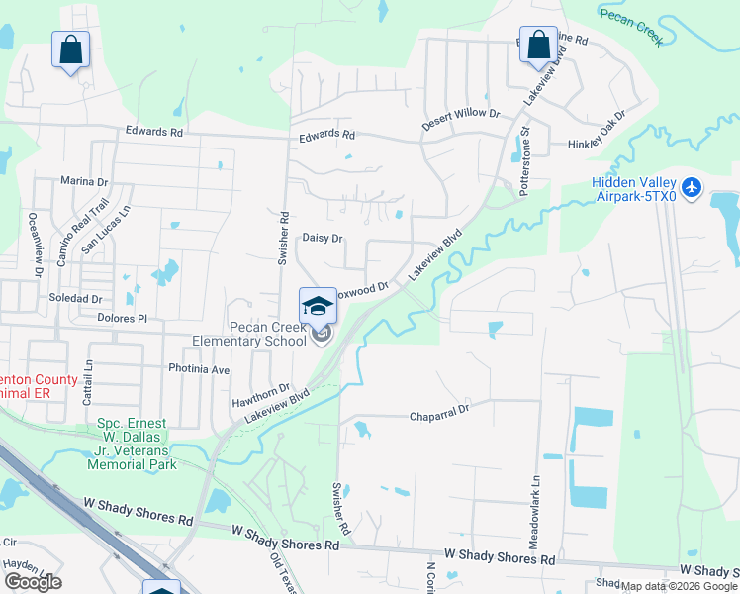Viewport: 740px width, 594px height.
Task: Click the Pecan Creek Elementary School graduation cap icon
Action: pyautogui.click(x=318, y=305)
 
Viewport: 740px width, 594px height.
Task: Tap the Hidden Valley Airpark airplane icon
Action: pyautogui.click(x=691, y=186)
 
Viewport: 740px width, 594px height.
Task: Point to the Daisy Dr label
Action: pyautogui.click(x=322, y=239)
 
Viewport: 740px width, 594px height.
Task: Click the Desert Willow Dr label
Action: pyautogui.click(x=461, y=114)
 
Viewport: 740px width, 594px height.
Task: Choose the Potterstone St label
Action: pyautogui.click(x=526, y=159)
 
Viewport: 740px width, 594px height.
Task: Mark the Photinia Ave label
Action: pyautogui.click(x=201, y=370)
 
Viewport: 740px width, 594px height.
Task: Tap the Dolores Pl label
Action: pyautogui.click(x=122, y=319)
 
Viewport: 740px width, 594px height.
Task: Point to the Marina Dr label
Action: pyautogui.click(x=83, y=181)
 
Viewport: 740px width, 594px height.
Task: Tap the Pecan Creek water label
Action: pyautogui.click(x=629, y=25)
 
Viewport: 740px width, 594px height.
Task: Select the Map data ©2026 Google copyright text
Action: pyautogui.click(x=679, y=586)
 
